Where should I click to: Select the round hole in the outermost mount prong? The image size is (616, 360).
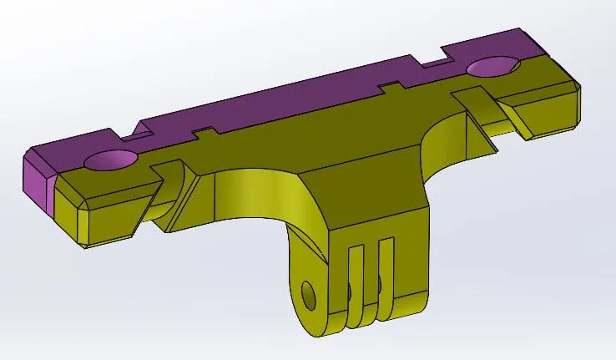click(x=310, y=293)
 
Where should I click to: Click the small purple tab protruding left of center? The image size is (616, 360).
click(x=205, y=133)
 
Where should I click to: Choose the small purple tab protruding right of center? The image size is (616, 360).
click(x=391, y=86)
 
